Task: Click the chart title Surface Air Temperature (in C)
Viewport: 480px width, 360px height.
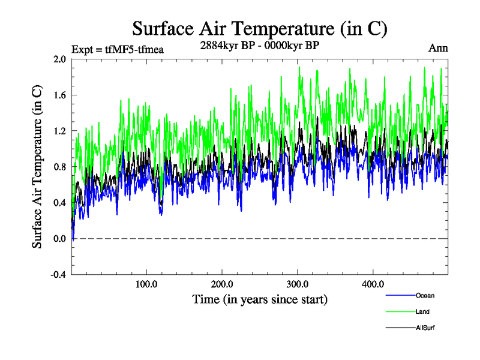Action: pos(260,28)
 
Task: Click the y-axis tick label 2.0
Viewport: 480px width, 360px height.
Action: pos(59,59)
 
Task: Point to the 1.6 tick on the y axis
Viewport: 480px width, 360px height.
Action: pos(59,95)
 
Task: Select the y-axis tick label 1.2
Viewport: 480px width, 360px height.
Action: pos(59,131)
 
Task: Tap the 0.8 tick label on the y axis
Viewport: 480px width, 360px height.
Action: pos(59,167)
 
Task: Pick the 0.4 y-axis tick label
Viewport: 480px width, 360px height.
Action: pos(59,203)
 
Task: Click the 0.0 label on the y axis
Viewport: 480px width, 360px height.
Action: pos(59,239)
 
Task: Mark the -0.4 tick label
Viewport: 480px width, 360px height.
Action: pos(58,275)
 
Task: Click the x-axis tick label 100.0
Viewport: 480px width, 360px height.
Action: pos(147,284)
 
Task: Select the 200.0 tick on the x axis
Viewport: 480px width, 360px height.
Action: pos(223,284)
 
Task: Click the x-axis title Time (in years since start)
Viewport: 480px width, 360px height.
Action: pos(260,299)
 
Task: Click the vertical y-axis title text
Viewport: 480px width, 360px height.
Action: pos(37,167)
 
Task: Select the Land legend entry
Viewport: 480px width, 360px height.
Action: pos(422,311)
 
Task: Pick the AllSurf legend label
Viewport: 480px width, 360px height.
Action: pos(425,328)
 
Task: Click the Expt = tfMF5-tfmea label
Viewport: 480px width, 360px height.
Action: pos(118,49)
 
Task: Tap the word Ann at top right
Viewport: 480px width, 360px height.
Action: pos(438,48)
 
